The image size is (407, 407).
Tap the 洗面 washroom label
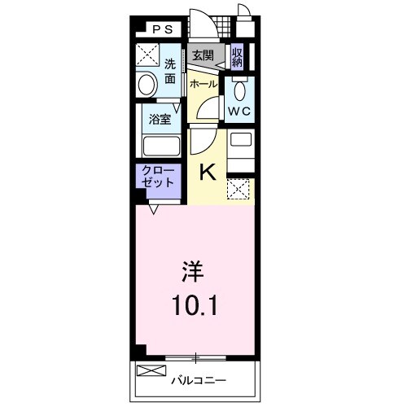point(169,71)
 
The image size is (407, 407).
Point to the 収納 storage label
point(237,56)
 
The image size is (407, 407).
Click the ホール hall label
point(203,84)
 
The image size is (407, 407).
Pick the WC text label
point(239,110)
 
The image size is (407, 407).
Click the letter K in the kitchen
point(208,172)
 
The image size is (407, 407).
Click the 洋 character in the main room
point(192,269)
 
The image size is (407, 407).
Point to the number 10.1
point(193,305)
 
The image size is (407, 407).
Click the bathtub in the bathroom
point(160,147)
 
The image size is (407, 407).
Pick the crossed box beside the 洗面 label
point(148,56)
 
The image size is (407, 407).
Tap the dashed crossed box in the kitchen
point(239,190)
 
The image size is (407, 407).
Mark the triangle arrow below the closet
point(153,208)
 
